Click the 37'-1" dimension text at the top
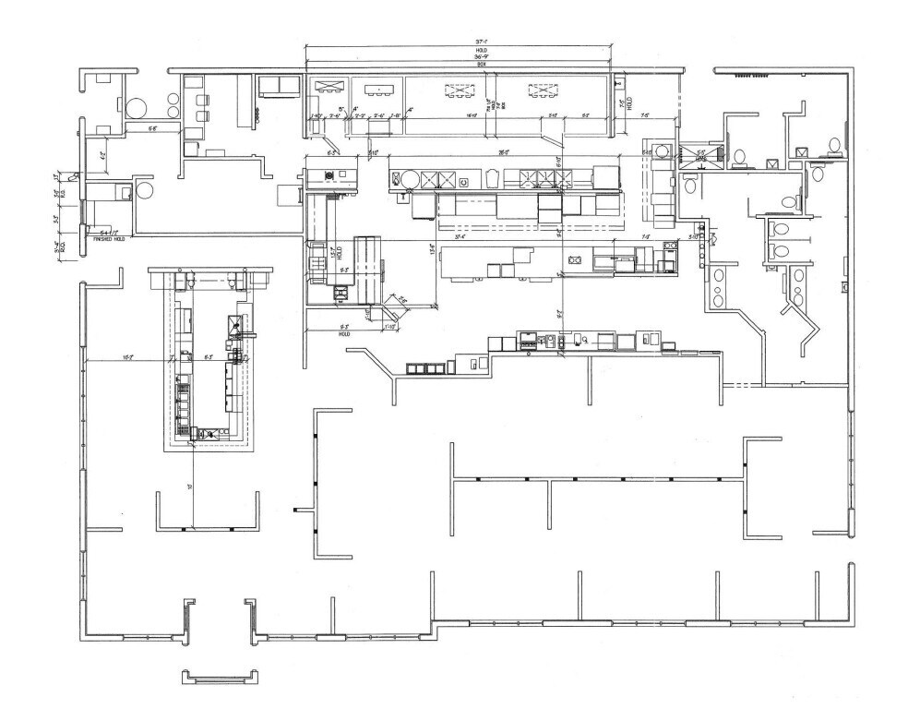[x=480, y=42]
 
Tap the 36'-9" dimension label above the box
[x=481, y=58]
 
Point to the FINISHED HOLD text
[x=110, y=239]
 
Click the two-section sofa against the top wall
[x=277, y=87]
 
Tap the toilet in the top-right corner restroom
[x=834, y=144]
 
